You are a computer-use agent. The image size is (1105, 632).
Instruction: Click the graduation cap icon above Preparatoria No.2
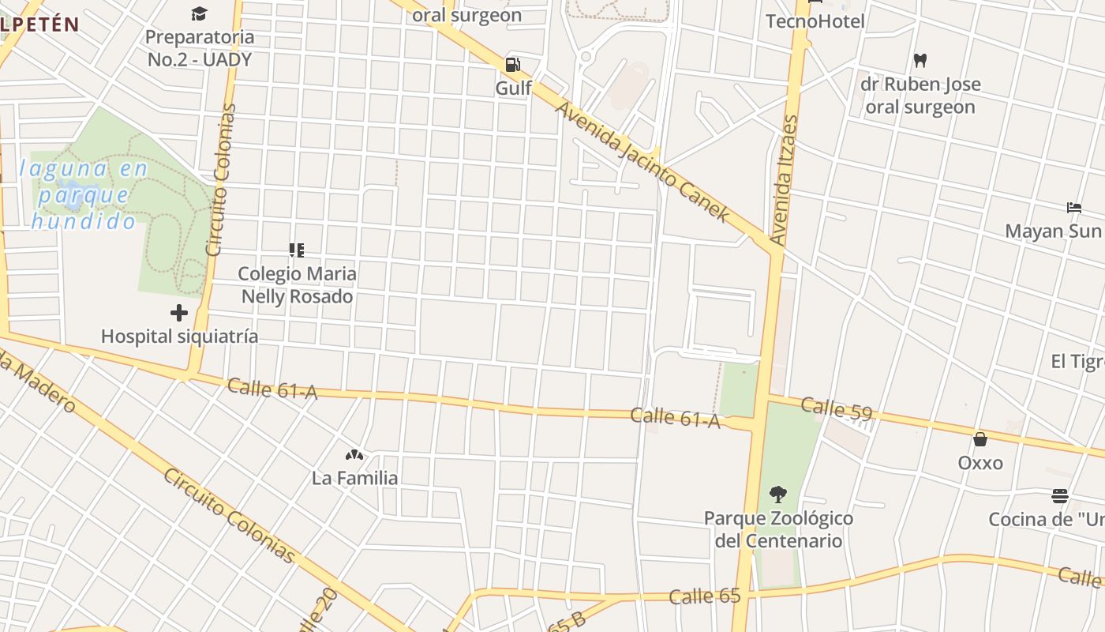(x=199, y=13)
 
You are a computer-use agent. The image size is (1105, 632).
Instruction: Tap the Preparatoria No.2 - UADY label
(x=200, y=47)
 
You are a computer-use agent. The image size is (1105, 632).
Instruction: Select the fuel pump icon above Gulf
(x=513, y=64)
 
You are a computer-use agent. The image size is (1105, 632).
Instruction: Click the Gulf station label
(x=513, y=88)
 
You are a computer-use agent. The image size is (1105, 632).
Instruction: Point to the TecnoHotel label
(x=815, y=21)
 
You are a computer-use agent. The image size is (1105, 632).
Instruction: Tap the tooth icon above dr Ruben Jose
(x=920, y=60)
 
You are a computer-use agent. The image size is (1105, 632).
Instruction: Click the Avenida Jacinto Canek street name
(x=642, y=161)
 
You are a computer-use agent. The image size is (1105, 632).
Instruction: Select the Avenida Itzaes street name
(x=784, y=180)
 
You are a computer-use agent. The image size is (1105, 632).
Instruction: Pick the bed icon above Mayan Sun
(x=1074, y=208)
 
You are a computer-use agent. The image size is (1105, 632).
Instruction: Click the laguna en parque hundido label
(x=83, y=194)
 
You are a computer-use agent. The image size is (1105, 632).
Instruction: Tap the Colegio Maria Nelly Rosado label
(x=297, y=285)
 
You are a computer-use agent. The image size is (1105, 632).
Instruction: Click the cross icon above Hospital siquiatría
(x=179, y=313)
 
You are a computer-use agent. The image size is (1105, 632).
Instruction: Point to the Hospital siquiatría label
(x=179, y=337)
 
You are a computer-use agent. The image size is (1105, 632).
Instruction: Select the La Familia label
(x=354, y=478)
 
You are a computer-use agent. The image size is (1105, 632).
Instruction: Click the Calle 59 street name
(x=837, y=408)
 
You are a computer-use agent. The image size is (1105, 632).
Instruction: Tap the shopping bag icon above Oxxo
(x=980, y=439)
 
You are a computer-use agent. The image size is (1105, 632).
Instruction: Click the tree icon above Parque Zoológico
(x=778, y=495)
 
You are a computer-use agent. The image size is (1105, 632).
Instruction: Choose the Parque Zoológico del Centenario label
(x=778, y=529)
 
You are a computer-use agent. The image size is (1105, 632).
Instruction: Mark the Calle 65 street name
(x=704, y=596)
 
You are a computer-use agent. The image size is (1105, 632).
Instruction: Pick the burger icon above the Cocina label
(x=1060, y=496)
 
